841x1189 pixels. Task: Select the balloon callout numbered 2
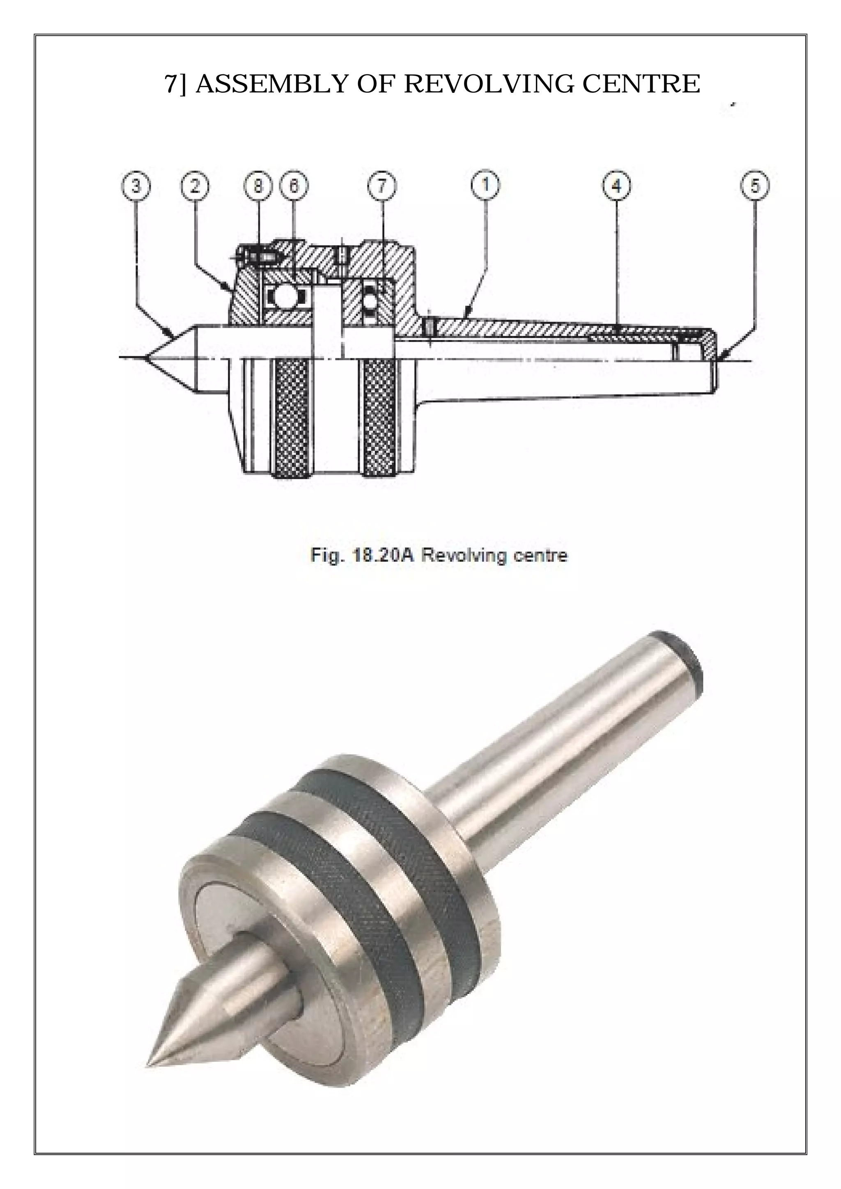point(195,186)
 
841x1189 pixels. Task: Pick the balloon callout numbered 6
point(294,186)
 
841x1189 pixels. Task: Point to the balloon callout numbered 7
point(382,186)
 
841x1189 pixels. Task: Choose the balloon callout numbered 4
point(616,186)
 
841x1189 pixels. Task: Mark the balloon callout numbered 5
point(755,186)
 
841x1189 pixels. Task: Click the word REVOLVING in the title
point(488,84)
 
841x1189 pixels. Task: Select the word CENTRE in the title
point(641,84)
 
